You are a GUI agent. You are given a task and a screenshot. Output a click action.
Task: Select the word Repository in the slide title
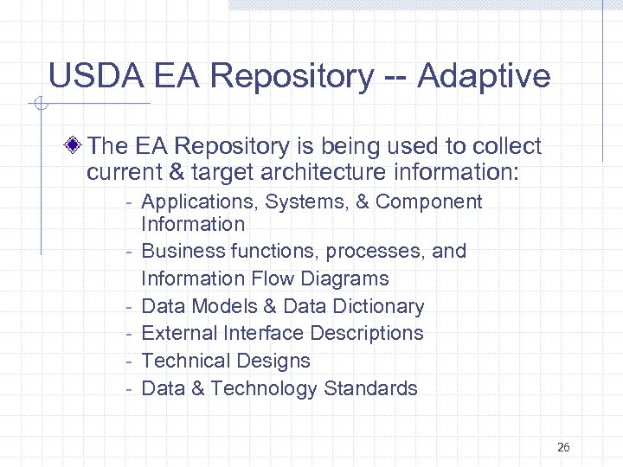pos(291,76)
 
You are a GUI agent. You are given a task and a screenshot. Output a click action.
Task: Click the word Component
pos(428,202)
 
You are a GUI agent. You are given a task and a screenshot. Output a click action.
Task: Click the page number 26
pos(563,447)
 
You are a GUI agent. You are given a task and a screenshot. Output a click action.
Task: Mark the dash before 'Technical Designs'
pos(127,361)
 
